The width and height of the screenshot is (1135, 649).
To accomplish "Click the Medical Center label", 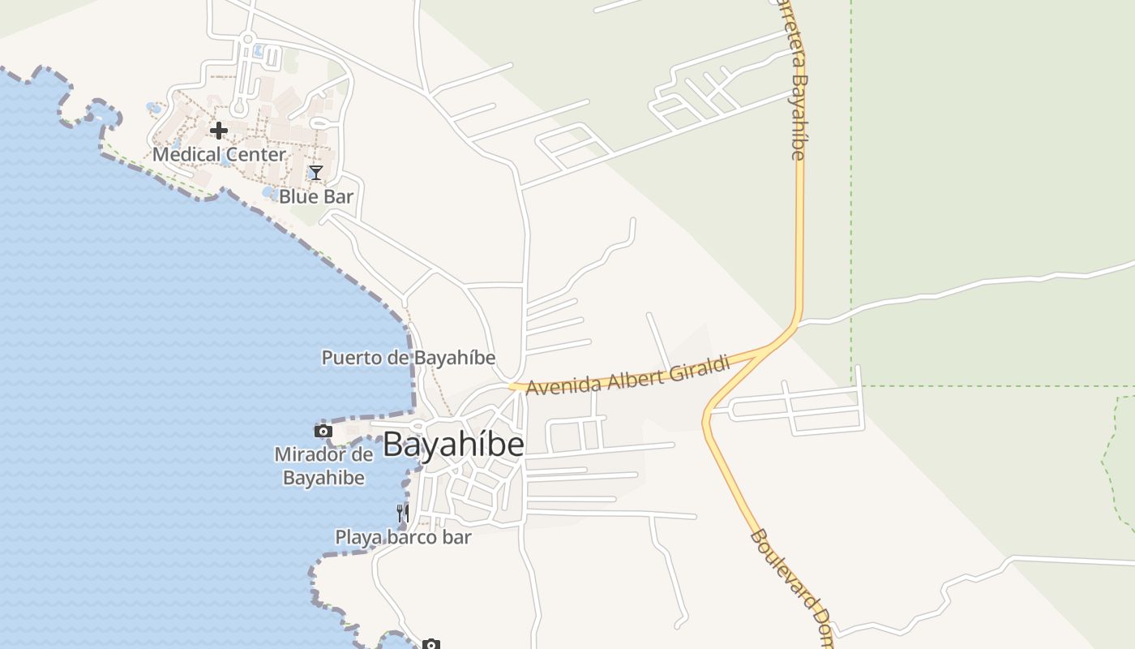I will [219, 154].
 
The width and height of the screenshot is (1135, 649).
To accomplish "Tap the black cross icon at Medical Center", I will [218, 130].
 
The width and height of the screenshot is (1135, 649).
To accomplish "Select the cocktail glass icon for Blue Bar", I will [316, 172].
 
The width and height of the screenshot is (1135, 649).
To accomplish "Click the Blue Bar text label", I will [316, 196].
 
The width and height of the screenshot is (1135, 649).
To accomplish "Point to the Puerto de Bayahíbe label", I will [409, 358].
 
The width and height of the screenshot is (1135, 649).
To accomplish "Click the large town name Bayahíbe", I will [453, 445].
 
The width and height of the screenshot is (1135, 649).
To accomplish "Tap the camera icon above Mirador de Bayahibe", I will [323, 431].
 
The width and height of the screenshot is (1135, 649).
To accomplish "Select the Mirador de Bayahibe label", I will [323, 466].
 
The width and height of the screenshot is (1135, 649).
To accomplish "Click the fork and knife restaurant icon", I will [402, 513].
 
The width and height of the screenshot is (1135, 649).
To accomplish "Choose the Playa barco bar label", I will [403, 537].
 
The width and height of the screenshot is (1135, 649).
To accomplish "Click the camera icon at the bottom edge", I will [431, 644].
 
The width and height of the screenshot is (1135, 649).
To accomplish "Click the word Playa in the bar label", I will [359, 537].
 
